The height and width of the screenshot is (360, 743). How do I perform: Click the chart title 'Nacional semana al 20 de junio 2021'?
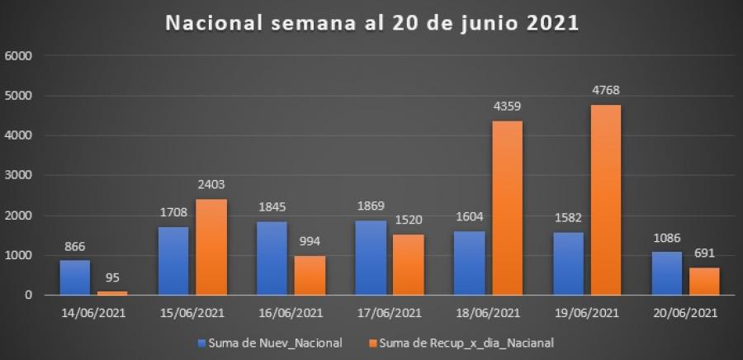[372, 23]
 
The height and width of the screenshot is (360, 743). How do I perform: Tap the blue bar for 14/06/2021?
[75, 277]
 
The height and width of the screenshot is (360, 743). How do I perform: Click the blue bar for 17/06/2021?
[370, 258]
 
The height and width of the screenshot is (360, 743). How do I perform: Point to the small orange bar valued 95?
[113, 292]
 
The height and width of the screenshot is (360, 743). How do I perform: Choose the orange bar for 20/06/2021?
[704, 281]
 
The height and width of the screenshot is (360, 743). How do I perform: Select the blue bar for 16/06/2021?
[272, 258]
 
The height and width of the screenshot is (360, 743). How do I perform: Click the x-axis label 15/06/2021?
[192, 314]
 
